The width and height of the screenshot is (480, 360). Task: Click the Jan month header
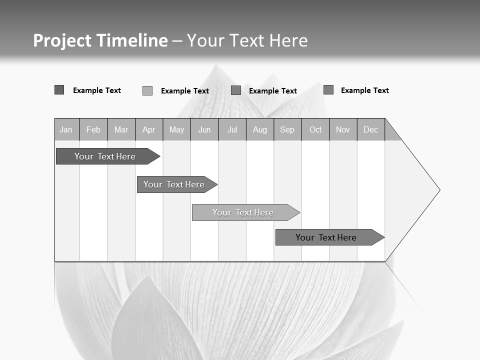pos(66,129)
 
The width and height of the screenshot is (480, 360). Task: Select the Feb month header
pos(93,129)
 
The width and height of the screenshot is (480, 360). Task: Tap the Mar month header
pos(121,129)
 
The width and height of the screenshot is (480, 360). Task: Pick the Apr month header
pos(148,129)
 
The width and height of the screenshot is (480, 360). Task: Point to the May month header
pos(176,129)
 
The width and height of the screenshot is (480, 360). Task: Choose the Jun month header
pos(204,129)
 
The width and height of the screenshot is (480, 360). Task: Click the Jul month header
pos(232,129)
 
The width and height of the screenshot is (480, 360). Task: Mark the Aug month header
pos(260,129)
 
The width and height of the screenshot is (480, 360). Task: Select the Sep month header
pos(287,129)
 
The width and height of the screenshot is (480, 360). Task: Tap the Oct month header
pos(315,129)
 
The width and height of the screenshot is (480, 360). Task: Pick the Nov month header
pos(343,129)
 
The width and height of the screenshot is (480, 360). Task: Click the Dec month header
pos(370,129)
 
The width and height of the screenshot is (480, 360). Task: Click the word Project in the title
pos(62,40)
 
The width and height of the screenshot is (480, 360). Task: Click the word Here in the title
pos(288,40)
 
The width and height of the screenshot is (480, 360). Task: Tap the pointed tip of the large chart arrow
pos(438,190)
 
